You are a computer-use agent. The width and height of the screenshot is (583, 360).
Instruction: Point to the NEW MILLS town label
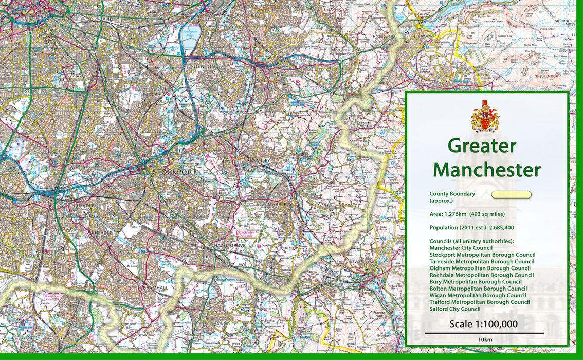click(x=361, y=262)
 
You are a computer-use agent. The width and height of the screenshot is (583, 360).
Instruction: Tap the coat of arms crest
click(x=485, y=116)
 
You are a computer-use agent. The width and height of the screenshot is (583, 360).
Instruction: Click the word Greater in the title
click(x=482, y=146)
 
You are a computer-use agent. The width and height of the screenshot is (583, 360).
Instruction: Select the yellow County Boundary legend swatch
click(x=511, y=195)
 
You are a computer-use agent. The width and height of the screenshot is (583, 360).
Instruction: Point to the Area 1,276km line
click(x=467, y=214)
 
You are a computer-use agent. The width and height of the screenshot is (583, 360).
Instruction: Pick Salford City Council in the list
click(x=455, y=309)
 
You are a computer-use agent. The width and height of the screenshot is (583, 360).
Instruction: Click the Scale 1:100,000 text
click(x=483, y=325)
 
